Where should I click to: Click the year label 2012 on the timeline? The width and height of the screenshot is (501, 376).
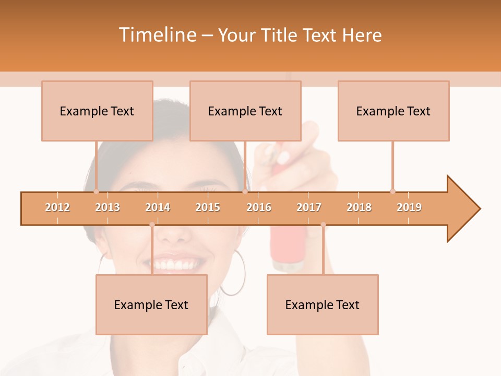(57, 207)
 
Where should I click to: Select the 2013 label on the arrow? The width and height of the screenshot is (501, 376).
(108, 207)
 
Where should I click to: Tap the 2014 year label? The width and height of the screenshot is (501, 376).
(158, 207)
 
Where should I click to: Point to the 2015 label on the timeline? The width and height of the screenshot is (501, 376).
(208, 207)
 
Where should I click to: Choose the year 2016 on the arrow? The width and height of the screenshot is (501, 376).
(259, 207)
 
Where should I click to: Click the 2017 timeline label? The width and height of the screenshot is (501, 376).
(309, 207)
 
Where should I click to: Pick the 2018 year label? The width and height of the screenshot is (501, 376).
(359, 207)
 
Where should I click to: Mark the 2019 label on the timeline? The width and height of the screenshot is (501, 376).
(409, 207)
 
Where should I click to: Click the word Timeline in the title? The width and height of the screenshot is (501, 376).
(157, 35)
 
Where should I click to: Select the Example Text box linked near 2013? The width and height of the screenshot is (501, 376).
(97, 111)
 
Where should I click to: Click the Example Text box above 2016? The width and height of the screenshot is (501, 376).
(245, 111)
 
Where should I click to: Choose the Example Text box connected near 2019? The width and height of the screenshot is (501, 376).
(393, 111)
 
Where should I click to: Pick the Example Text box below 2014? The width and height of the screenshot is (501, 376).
(151, 304)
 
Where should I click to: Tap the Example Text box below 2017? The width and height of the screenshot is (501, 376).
(323, 304)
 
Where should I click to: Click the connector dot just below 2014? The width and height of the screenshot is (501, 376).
(152, 225)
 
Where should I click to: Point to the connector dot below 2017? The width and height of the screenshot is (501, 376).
(323, 225)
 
